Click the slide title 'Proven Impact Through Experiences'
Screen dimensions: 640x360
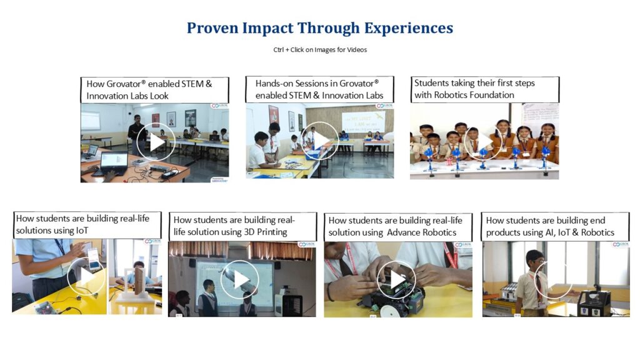(320, 28)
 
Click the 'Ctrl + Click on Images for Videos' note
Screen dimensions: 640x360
(320, 50)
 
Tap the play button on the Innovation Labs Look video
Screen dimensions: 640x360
(156, 142)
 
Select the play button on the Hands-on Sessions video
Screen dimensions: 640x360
(319, 141)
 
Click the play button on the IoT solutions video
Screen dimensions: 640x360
(86, 276)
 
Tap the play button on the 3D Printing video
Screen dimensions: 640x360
(239, 279)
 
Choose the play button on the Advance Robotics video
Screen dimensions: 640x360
(396, 280)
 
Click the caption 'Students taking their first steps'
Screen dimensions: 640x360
(474, 83)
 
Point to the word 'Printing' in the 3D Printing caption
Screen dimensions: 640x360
(272, 232)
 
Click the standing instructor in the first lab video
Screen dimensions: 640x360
(136, 135)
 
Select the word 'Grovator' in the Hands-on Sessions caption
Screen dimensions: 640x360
(357, 83)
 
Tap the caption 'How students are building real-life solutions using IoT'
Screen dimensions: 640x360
(83, 224)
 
